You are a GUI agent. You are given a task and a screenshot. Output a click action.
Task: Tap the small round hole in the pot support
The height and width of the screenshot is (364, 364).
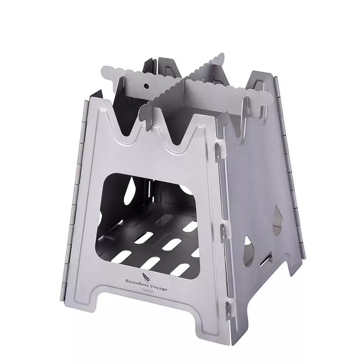146,86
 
